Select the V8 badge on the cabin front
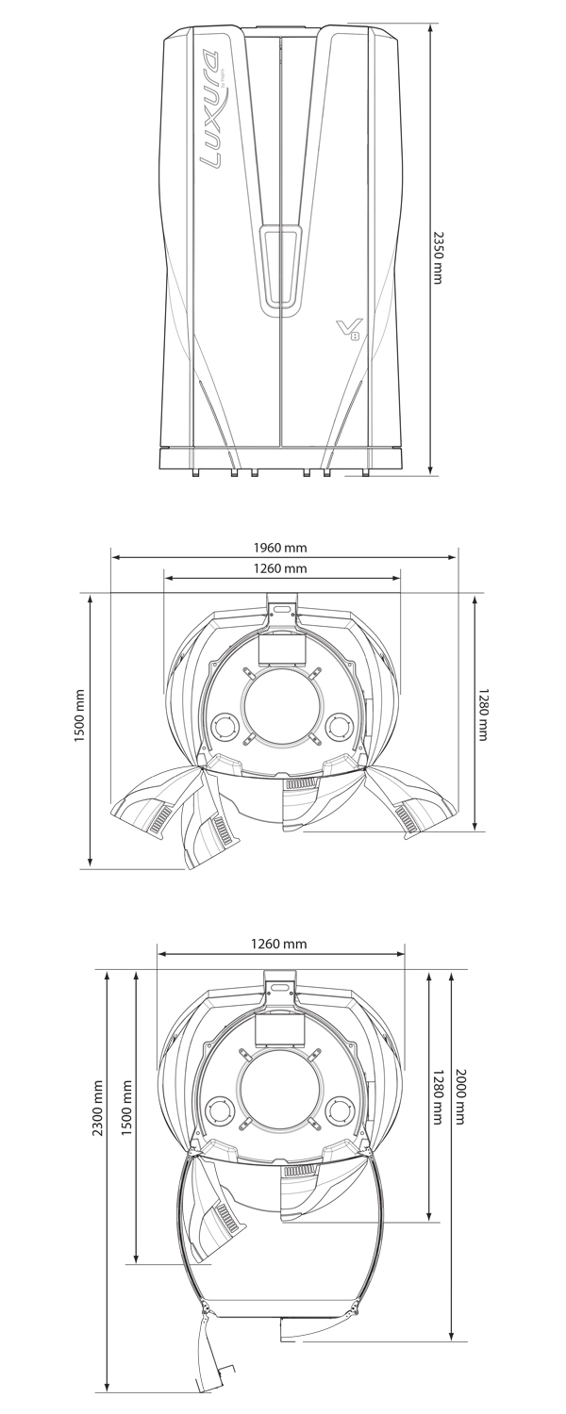click(x=348, y=329)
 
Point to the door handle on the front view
click(x=280, y=270)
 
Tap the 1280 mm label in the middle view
click(x=483, y=715)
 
